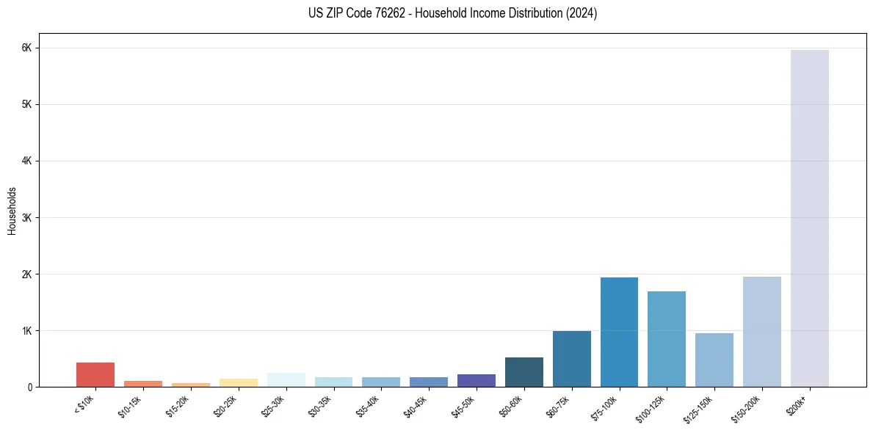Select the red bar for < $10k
95,374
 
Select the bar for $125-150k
714,360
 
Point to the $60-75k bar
571,359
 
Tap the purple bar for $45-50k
477,380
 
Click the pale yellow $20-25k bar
239,382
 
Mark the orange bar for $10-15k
143,383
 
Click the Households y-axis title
12,211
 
